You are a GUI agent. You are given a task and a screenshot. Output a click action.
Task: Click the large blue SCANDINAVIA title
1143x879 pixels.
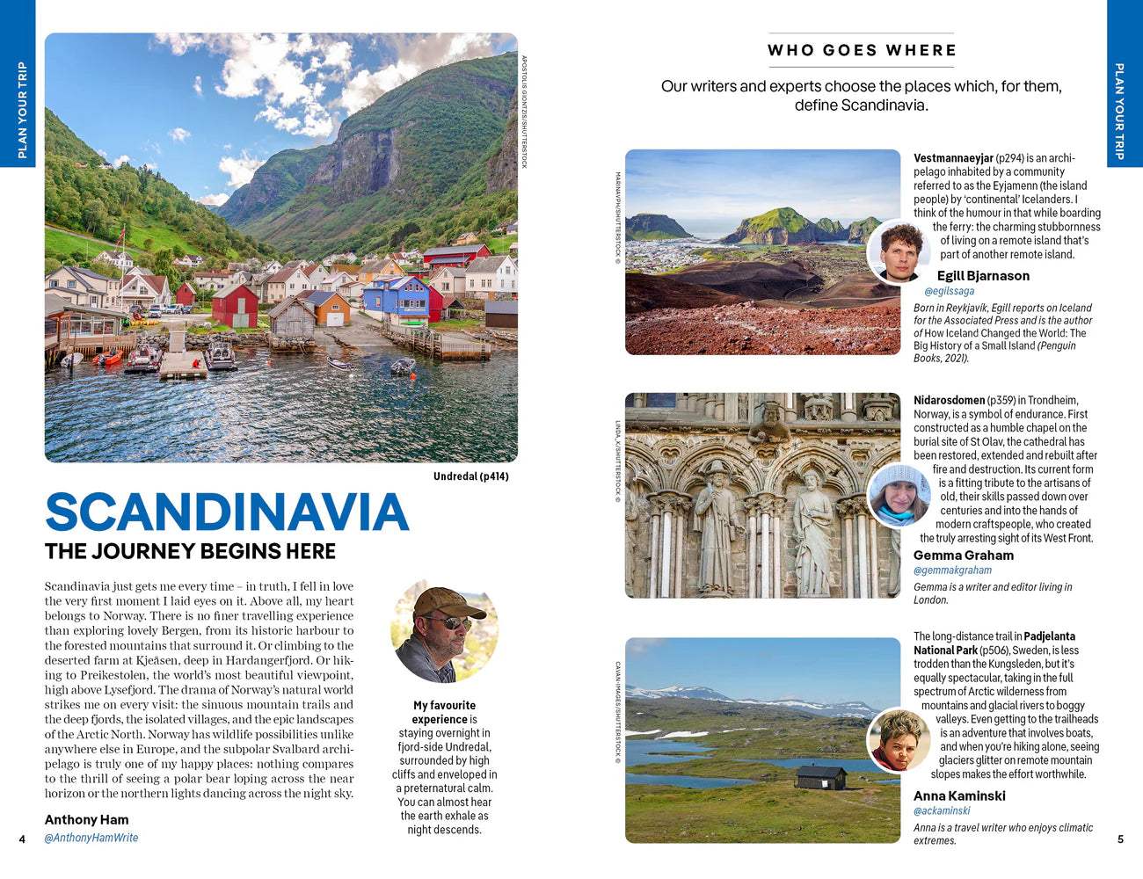pyautogui.click(x=227, y=512)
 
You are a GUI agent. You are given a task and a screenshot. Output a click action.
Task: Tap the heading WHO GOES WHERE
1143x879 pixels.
pyautogui.click(x=862, y=50)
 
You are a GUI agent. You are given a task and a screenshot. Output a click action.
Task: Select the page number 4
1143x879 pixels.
pyautogui.click(x=22, y=839)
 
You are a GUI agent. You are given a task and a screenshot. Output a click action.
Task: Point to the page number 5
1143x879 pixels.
pyautogui.click(x=1120, y=839)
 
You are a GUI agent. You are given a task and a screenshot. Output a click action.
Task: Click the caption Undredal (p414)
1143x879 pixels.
pyautogui.click(x=470, y=476)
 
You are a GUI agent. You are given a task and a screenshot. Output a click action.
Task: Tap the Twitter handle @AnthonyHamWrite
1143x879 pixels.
pyautogui.click(x=91, y=838)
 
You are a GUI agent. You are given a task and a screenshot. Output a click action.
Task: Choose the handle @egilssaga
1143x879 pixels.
pyautogui.click(x=949, y=291)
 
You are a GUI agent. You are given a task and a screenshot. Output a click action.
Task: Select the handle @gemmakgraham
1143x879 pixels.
pyautogui.click(x=952, y=570)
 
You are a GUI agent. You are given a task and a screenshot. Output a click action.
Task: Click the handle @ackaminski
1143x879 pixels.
pyautogui.click(x=942, y=810)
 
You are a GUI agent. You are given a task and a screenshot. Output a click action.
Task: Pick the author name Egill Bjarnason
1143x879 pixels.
pyautogui.click(x=982, y=275)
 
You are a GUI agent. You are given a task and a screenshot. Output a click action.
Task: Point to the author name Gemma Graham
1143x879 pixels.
pyautogui.click(x=963, y=555)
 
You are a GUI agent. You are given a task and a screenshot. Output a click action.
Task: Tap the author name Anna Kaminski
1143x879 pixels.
pyautogui.click(x=959, y=795)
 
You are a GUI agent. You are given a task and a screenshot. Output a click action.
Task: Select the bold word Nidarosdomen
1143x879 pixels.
pyautogui.click(x=949, y=400)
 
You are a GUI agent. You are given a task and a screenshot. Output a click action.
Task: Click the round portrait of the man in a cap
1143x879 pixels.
pyautogui.click(x=444, y=633)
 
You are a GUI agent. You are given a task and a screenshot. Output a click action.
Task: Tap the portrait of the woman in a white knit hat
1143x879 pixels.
pyautogui.click(x=899, y=496)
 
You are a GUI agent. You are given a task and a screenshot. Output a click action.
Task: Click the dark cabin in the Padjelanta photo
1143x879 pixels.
pyautogui.click(x=820, y=777)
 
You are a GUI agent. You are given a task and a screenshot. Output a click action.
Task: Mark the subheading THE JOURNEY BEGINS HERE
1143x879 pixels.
pyautogui.click(x=190, y=551)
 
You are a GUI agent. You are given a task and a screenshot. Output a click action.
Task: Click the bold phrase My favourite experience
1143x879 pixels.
pyautogui.click(x=444, y=712)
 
